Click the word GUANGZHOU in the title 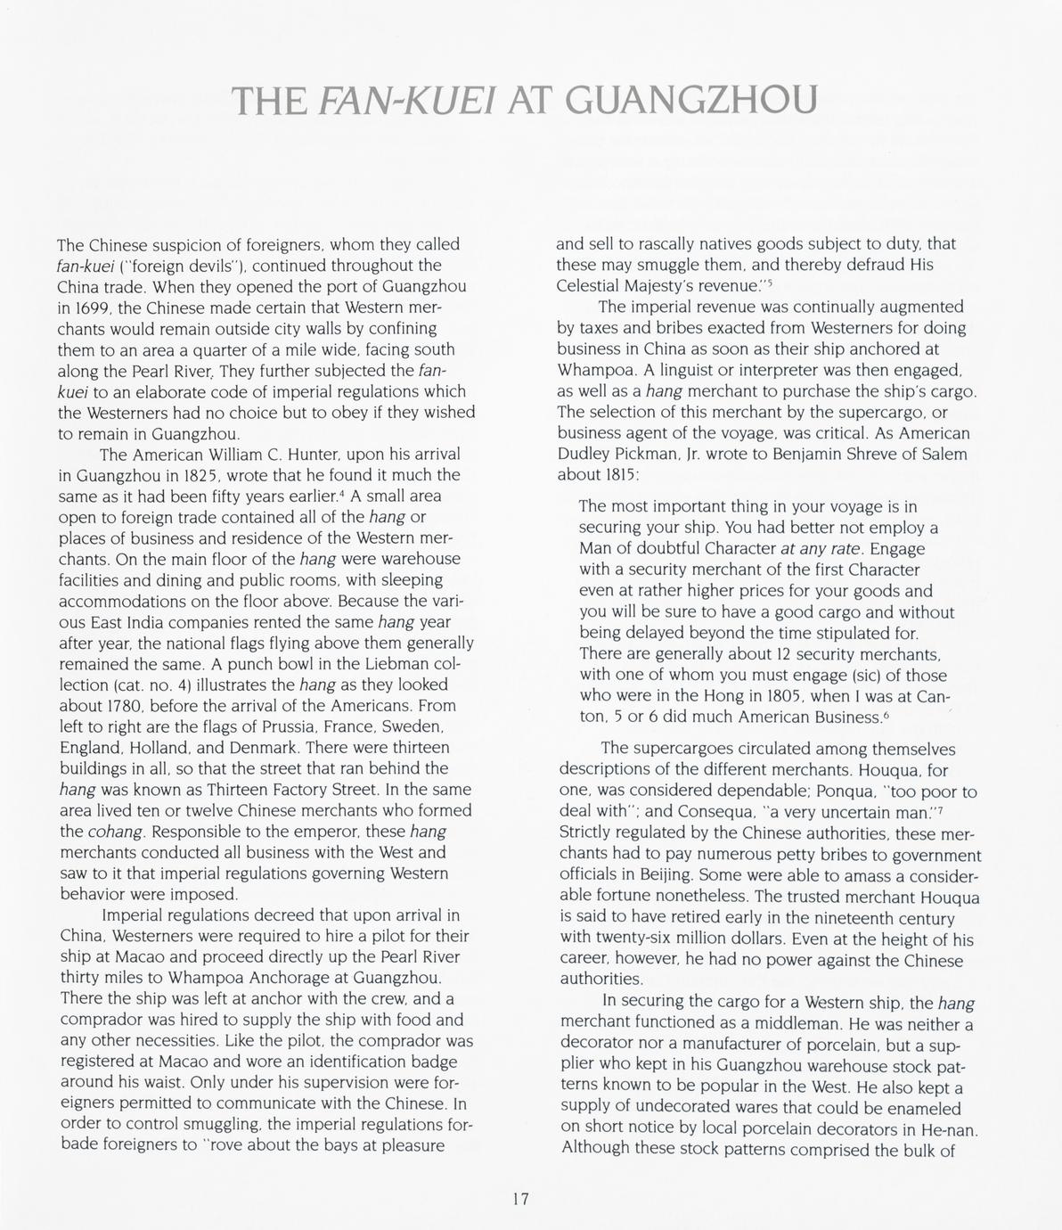point(691,101)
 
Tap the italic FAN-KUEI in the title point(409,101)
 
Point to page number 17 point(520,1199)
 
